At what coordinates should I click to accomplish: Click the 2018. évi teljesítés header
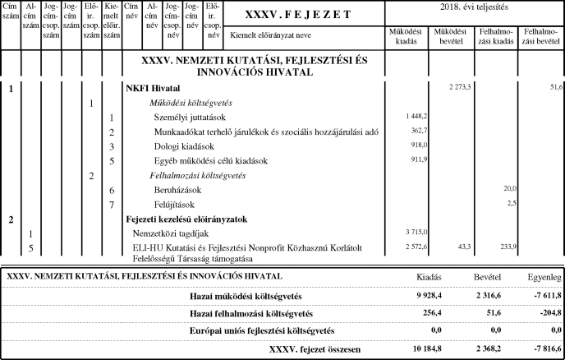(x=474, y=7)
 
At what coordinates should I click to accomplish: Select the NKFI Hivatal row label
(x=152, y=87)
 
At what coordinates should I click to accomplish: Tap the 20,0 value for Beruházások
(x=510, y=188)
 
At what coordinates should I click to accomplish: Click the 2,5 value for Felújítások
(x=512, y=202)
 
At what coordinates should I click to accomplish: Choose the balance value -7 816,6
(x=543, y=349)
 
